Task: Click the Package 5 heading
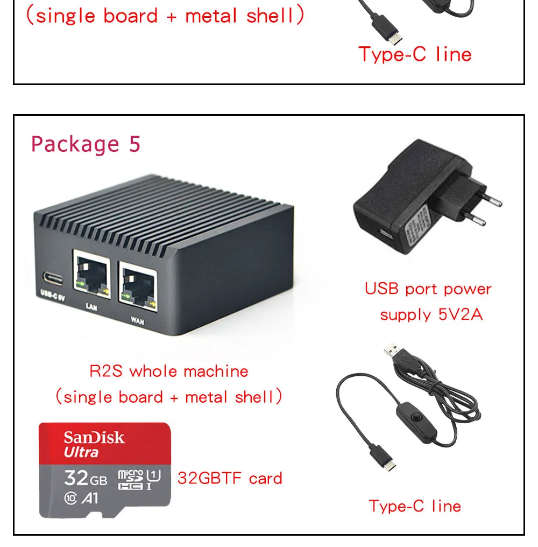(x=86, y=144)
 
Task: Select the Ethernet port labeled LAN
(x=91, y=277)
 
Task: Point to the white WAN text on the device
(x=137, y=321)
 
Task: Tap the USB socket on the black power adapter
(x=384, y=235)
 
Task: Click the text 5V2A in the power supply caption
(x=461, y=314)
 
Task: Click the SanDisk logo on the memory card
(x=94, y=437)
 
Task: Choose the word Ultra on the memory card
(x=81, y=452)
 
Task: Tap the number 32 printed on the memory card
(x=76, y=477)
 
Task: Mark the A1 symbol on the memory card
(x=91, y=499)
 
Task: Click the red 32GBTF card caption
(x=230, y=478)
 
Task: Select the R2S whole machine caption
(x=168, y=371)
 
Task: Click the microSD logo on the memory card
(x=130, y=479)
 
